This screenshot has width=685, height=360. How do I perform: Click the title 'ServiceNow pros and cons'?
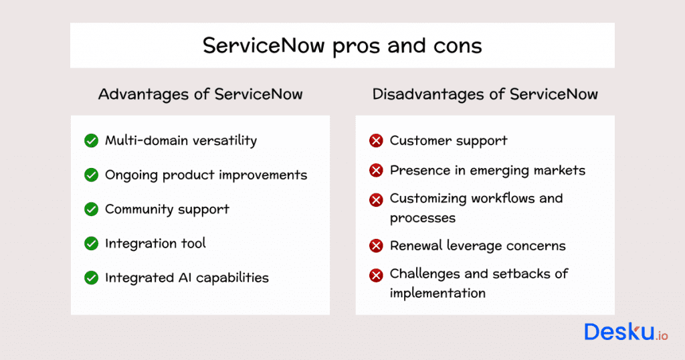[x=342, y=46]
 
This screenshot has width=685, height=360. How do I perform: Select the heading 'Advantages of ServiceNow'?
[x=200, y=94]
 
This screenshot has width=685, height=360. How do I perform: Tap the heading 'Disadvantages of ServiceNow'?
[x=485, y=94]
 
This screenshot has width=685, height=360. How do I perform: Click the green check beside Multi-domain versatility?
[x=92, y=141]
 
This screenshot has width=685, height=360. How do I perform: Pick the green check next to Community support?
[x=92, y=209]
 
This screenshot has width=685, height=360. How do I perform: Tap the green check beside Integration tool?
[x=92, y=244]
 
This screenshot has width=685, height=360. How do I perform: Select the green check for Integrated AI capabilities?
[x=92, y=278]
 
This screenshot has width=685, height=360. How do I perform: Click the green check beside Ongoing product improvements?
[x=92, y=175]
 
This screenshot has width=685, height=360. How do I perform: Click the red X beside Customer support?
[x=377, y=141]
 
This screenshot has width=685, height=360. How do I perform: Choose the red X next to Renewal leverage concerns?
[x=377, y=246]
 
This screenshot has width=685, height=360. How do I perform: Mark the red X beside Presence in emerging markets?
[x=377, y=171]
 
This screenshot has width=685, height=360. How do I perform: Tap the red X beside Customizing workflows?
[x=377, y=199]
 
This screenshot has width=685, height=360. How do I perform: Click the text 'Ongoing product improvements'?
[x=206, y=175]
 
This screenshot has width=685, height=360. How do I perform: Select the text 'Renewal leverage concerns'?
[x=478, y=246]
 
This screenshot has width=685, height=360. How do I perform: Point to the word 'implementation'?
[x=437, y=293]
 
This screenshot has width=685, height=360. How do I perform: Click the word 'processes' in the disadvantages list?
[x=423, y=218]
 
